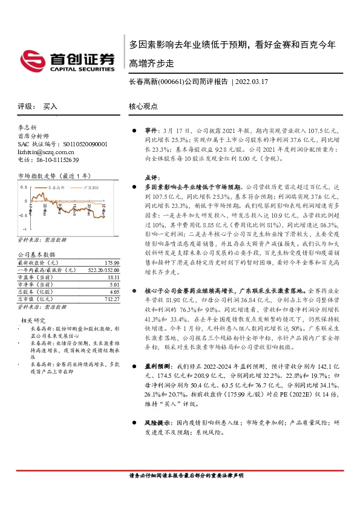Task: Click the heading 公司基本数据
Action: pyautogui.click(x=36, y=254)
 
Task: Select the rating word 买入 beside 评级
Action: pyautogui.click(x=50, y=106)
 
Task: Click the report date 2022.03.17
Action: pyautogui.click(x=252, y=81)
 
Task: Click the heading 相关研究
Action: pyautogui.click(x=33, y=319)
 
